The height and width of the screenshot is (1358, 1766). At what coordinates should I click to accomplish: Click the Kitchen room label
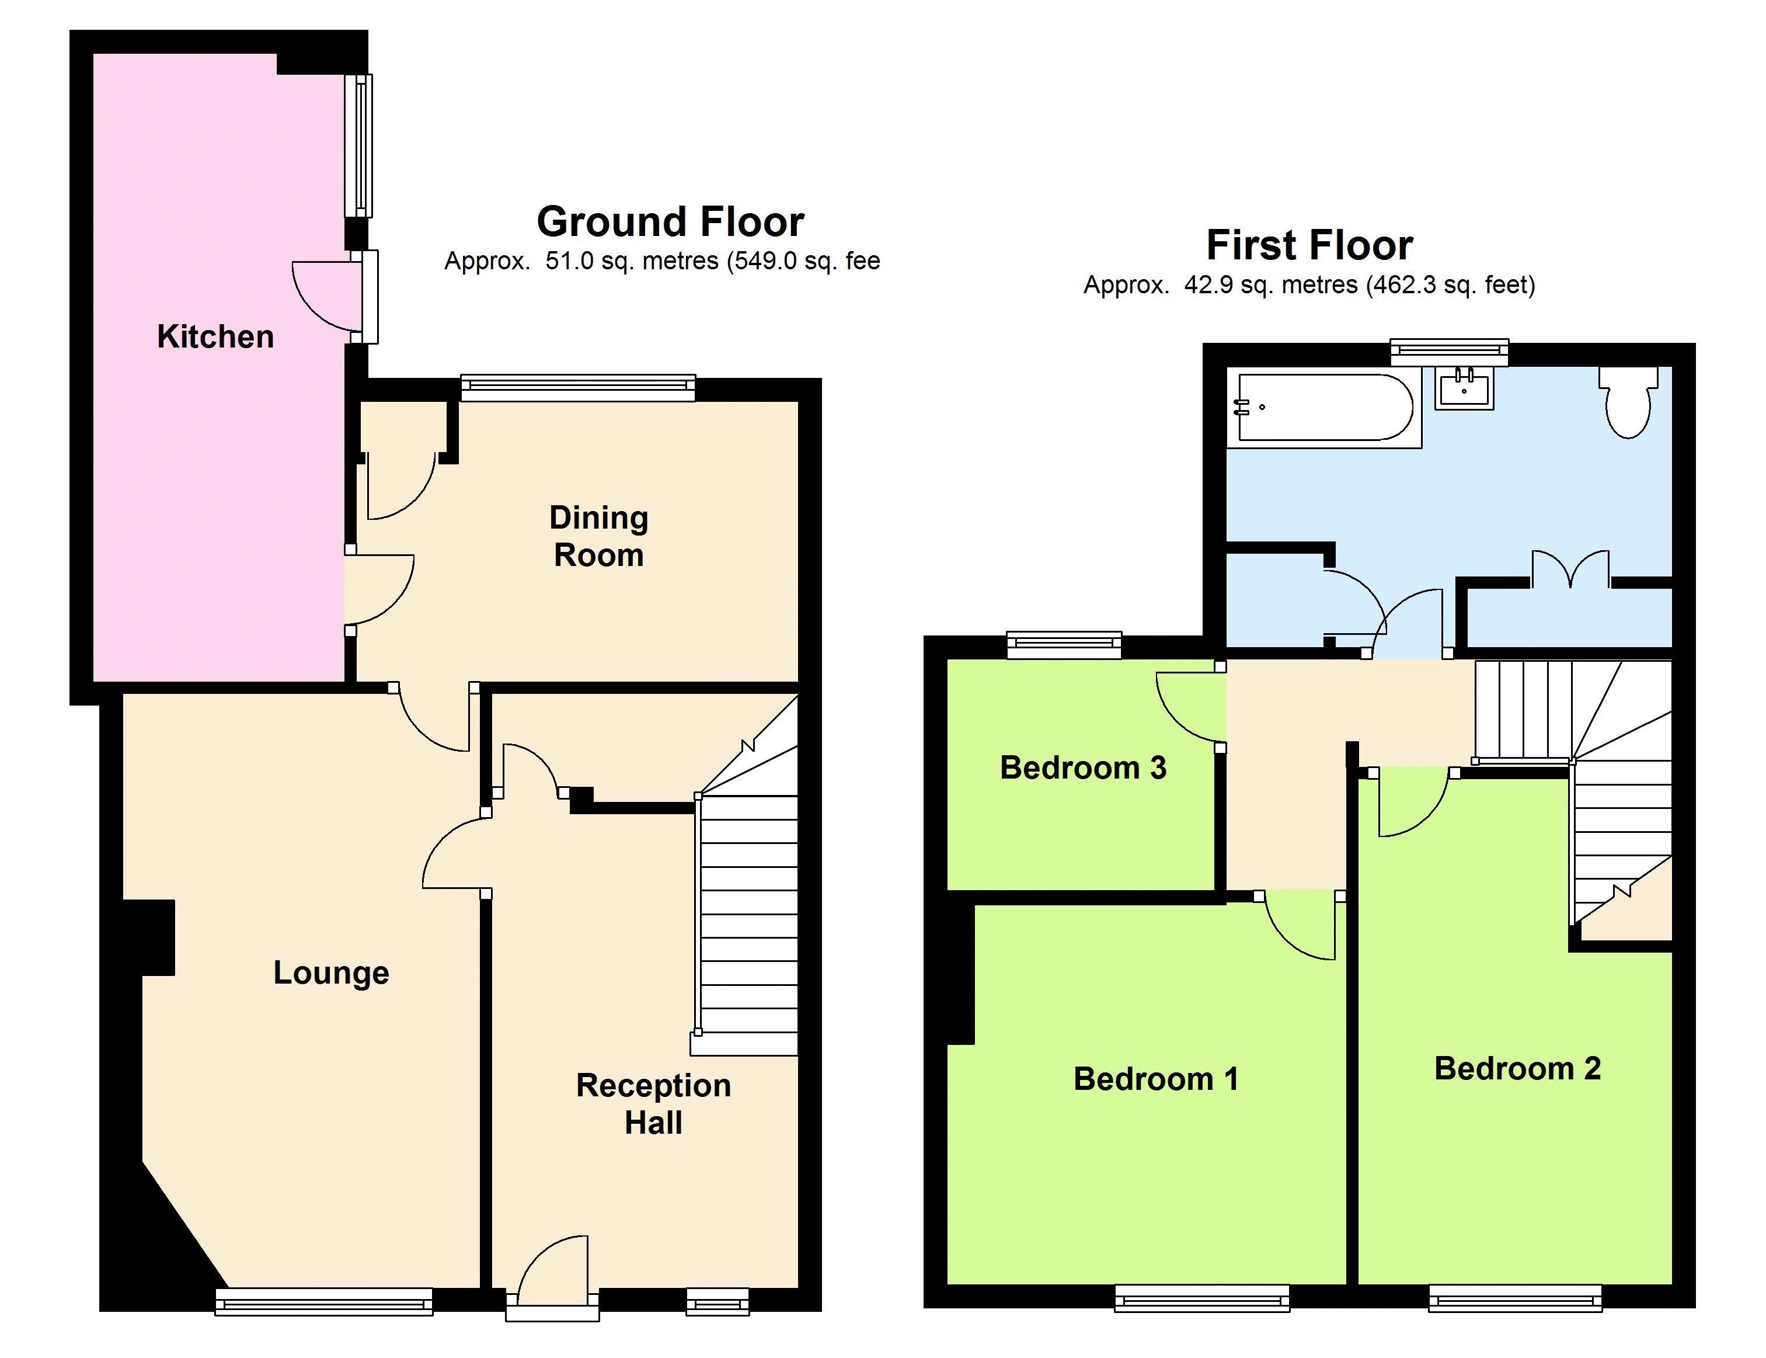pyautogui.click(x=215, y=336)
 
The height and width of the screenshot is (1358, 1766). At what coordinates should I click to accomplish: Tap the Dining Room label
pyautogui.click(x=598, y=536)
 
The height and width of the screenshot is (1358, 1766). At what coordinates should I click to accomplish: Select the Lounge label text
pyautogui.click(x=331, y=973)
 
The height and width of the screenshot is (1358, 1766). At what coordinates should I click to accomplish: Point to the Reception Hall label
pyautogui.click(x=653, y=1103)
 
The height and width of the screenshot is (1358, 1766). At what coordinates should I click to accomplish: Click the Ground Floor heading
pyautogui.click(x=671, y=221)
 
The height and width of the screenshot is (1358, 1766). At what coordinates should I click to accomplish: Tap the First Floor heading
pyautogui.click(x=1309, y=245)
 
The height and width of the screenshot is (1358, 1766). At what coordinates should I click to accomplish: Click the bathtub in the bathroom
pyautogui.click(x=1324, y=408)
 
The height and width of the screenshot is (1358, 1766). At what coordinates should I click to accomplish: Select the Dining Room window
pyautogui.click(x=577, y=388)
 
